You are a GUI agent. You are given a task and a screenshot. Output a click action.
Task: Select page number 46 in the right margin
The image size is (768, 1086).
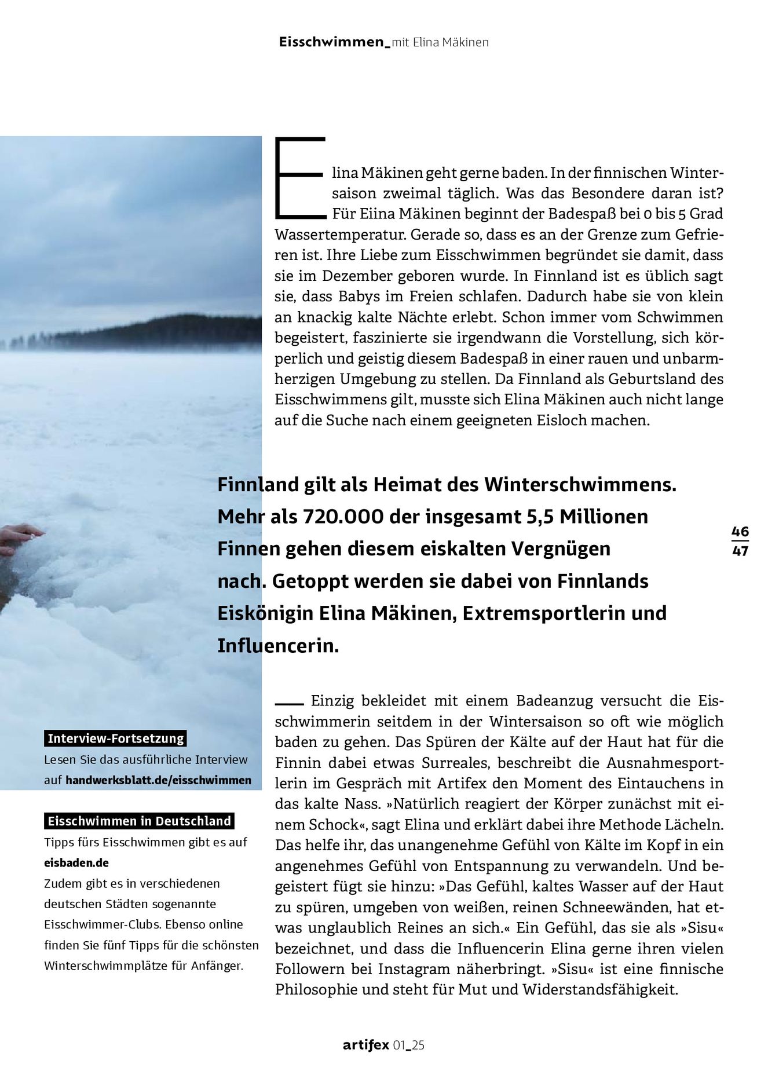[x=740, y=531]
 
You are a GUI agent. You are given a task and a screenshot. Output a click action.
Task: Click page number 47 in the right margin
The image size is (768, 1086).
[x=740, y=551]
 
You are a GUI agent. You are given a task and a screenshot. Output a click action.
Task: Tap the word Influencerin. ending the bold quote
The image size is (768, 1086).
[x=278, y=645]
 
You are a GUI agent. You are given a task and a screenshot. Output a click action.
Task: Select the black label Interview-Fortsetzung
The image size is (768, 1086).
[x=115, y=738]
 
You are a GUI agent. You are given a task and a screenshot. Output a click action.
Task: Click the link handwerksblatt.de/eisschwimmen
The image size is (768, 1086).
[x=159, y=780]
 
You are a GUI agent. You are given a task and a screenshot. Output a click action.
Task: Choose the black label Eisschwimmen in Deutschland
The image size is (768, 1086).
[x=139, y=821]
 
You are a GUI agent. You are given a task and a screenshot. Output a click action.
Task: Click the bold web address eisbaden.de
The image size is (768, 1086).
[x=76, y=862]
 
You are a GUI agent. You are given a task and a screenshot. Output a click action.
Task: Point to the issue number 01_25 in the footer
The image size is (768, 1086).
[x=409, y=1045]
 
